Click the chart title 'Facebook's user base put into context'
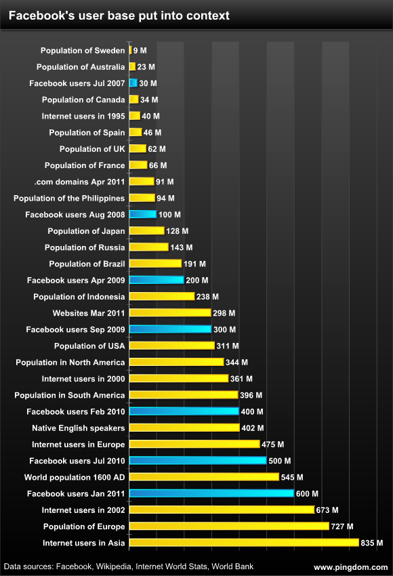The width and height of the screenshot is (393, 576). click(x=119, y=15)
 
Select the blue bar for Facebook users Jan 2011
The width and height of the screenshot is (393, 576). click(x=211, y=493)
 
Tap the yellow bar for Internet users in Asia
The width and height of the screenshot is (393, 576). click(x=243, y=543)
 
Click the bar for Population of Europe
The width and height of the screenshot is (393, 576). click(x=228, y=527)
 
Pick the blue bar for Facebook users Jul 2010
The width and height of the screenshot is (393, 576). click(x=197, y=461)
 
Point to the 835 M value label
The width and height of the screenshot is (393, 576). click(x=372, y=543)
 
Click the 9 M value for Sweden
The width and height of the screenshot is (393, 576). click(x=140, y=50)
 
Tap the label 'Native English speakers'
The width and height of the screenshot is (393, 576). click(x=78, y=428)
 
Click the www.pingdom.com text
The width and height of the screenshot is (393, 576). click(x=351, y=566)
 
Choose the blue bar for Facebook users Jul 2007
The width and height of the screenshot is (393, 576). click(x=133, y=83)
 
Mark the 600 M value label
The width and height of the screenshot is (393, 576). click(x=307, y=493)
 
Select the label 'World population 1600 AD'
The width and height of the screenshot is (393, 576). click(x=75, y=477)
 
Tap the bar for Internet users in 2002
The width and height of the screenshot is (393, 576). click(x=221, y=510)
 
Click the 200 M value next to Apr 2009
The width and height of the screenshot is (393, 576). click(x=197, y=280)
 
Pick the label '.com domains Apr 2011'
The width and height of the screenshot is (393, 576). click(x=79, y=182)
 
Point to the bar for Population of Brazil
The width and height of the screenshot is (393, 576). click(x=155, y=264)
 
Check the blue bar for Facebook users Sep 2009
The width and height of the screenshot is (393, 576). click(x=170, y=329)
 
